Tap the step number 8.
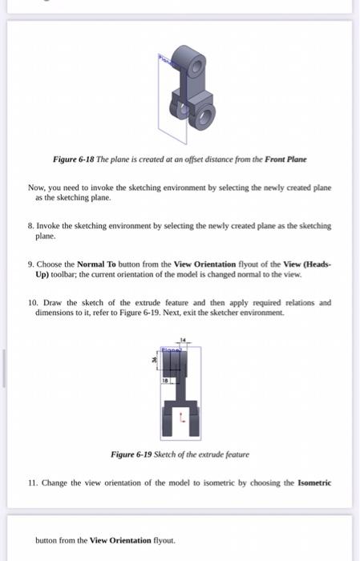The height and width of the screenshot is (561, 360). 30,226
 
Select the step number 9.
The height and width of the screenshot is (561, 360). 30,264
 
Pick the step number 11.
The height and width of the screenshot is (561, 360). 31,483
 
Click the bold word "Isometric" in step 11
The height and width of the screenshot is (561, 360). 313,483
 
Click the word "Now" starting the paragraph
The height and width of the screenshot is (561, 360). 36,188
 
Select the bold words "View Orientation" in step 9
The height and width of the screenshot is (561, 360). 204,264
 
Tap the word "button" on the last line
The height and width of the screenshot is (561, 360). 48,540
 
